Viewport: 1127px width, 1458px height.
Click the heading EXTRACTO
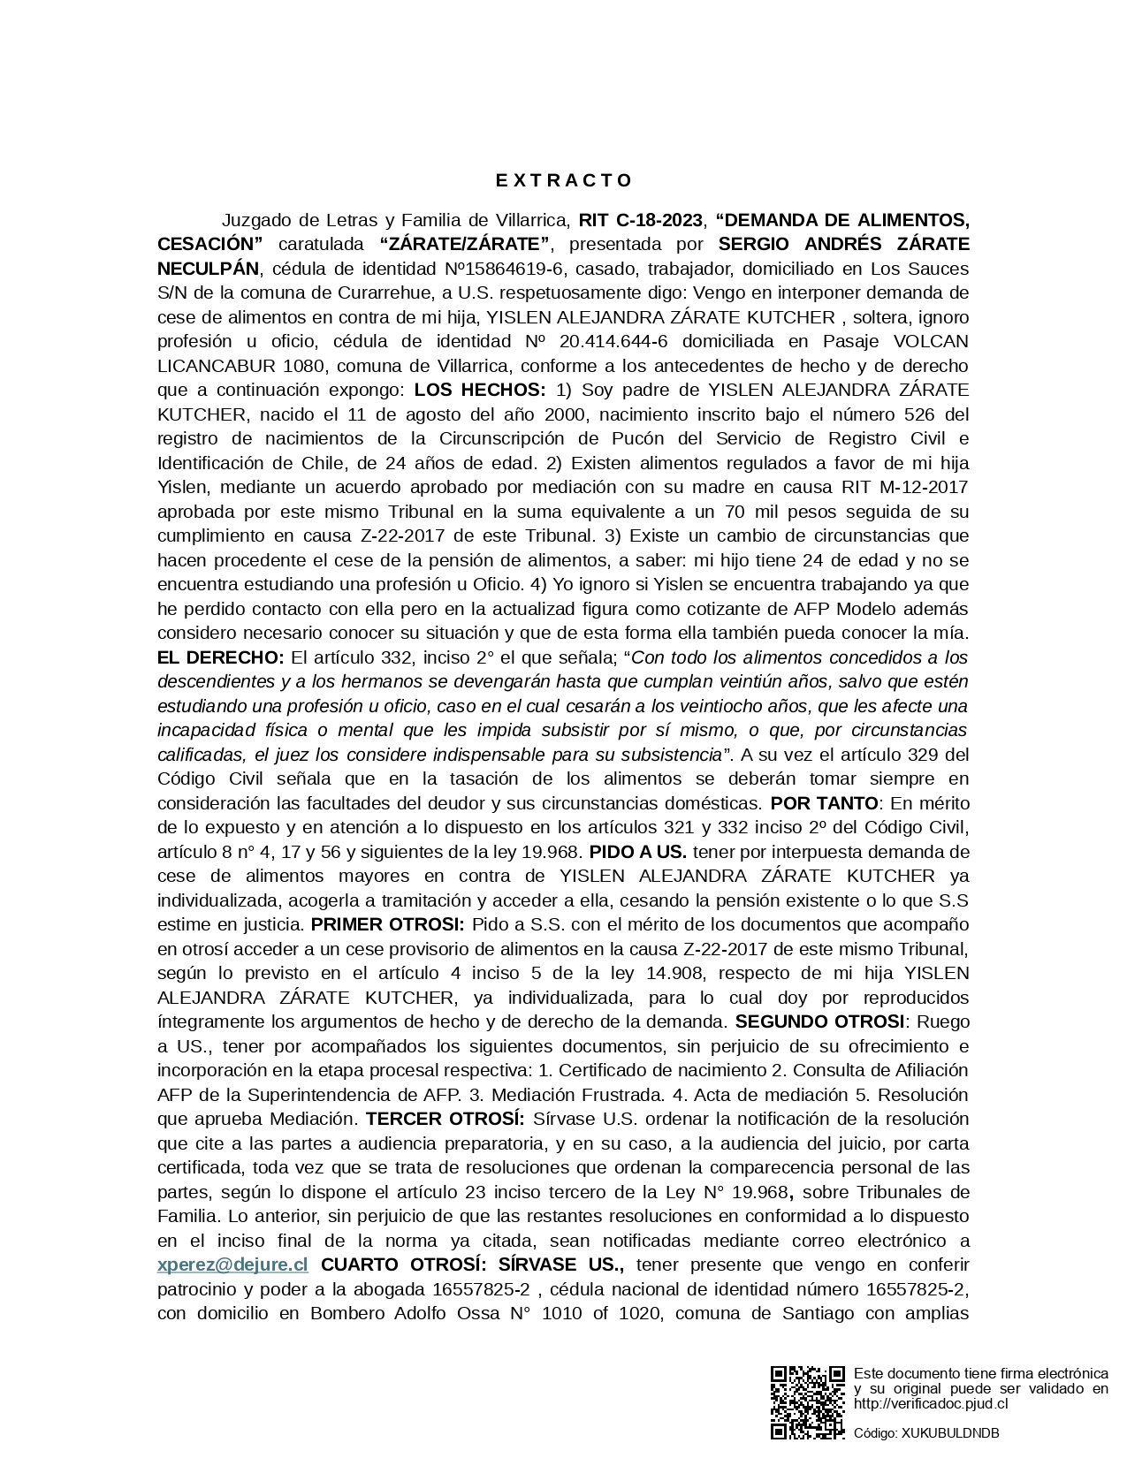click(x=563, y=181)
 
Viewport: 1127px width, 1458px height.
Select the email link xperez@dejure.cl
click(x=232, y=1264)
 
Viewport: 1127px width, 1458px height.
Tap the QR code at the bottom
click(x=807, y=1402)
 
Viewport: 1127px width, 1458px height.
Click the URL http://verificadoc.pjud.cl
click(x=931, y=1403)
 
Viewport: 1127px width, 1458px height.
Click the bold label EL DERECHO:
click(x=221, y=657)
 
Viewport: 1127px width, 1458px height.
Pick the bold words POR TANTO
click(x=825, y=803)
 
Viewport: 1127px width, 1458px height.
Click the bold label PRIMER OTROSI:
click(x=388, y=924)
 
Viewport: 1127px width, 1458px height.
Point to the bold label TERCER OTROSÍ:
click(x=445, y=1119)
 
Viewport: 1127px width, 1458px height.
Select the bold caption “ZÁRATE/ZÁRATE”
click(x=465, y=244)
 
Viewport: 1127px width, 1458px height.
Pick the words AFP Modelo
click(x=847, y=609)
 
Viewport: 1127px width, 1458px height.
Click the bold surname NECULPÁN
click(x=209, y=269)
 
